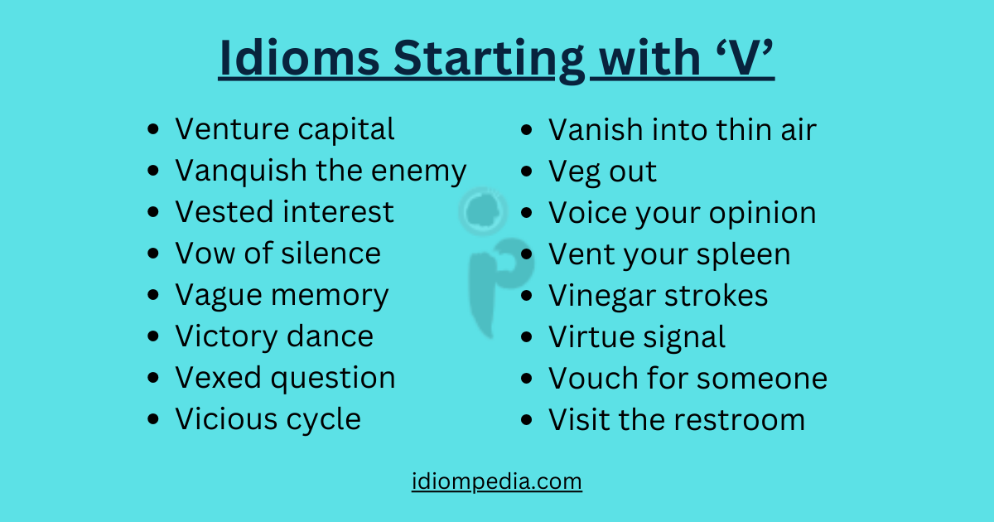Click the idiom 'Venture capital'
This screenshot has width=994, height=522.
pos(284,129)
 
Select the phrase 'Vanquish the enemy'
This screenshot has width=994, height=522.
pos(320,171)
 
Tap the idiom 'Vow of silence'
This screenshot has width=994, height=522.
pos(277,254)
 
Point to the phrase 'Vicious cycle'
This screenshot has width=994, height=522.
pos(268,419)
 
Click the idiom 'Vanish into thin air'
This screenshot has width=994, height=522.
pos(682,129)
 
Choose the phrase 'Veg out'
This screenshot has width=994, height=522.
pos(602,172)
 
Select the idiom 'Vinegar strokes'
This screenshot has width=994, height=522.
pos(658,296)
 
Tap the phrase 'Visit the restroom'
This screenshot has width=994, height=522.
pos(676,419)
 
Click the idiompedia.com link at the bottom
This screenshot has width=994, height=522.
pos(496,481)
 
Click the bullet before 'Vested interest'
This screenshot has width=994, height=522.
pos(152,213)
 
